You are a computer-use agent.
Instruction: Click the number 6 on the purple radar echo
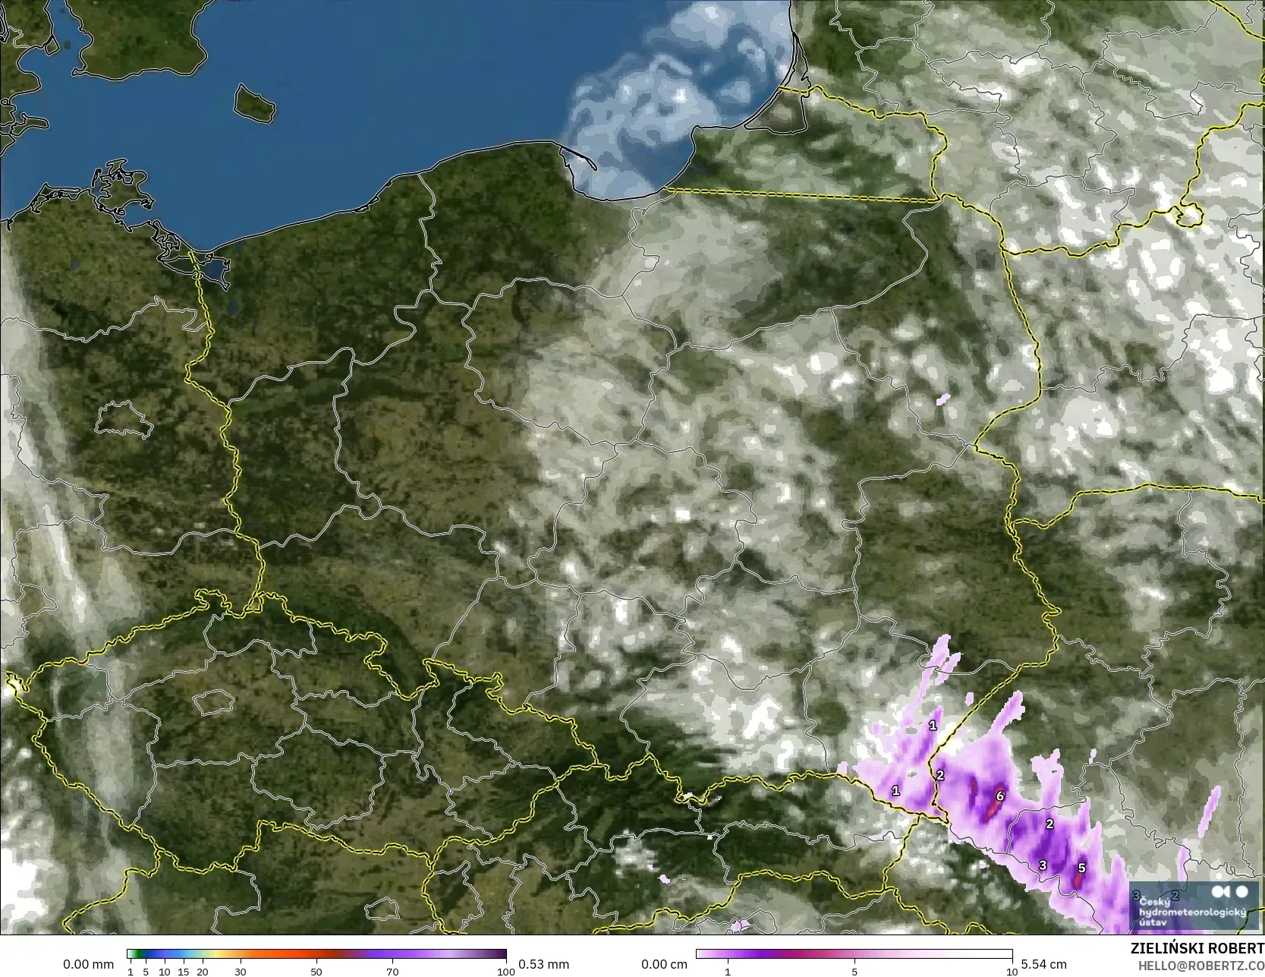point(1000,796)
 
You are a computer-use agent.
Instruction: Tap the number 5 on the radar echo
point(1081,868)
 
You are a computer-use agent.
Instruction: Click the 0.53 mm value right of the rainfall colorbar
point(543,964)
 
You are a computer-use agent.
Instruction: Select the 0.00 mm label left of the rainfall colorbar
point(88,964)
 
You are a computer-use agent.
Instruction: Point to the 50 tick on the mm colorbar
point(316,972)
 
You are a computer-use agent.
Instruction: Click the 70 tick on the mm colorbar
point(392,972)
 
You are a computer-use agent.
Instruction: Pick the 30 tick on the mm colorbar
point(241,972)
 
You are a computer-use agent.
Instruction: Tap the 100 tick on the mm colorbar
point(506,972)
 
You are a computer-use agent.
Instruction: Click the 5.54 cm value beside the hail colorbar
point(1043,964)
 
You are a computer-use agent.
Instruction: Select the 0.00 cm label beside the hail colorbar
point(664,964)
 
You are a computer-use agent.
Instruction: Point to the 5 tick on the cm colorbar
point(854,972)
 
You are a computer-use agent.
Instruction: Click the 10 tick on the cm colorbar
point(1012,972)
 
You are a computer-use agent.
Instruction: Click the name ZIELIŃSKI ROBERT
point(1197,949)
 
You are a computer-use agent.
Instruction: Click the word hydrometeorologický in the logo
point(1188,912)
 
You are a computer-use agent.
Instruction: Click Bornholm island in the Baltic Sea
point(253,102)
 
